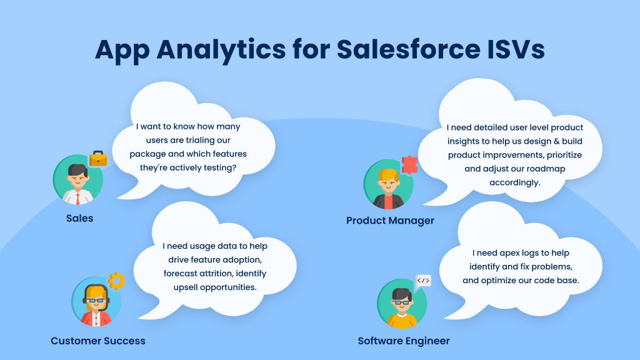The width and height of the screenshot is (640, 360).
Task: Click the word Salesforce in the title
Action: point(409,49)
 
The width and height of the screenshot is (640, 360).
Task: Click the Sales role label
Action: point(79,218)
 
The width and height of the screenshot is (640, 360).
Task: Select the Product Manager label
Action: point(390,221)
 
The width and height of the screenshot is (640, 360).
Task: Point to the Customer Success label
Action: point(98,341)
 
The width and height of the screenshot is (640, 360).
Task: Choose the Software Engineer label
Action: point(404,341)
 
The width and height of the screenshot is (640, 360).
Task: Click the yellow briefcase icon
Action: point(98,159)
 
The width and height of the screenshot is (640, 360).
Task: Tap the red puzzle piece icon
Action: point(409,165)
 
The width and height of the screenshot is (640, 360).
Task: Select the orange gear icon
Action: point(116,281)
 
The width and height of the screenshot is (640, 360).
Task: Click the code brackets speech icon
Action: point(423,281)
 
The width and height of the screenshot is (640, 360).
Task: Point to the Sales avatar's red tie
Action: point(77,199)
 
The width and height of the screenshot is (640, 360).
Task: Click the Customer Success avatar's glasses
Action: point(96,301)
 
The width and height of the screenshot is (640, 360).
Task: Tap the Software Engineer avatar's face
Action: point(402,304)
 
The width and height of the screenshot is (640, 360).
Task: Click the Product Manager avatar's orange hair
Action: point(388,176)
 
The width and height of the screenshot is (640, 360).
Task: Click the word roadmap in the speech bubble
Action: point(546,169)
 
